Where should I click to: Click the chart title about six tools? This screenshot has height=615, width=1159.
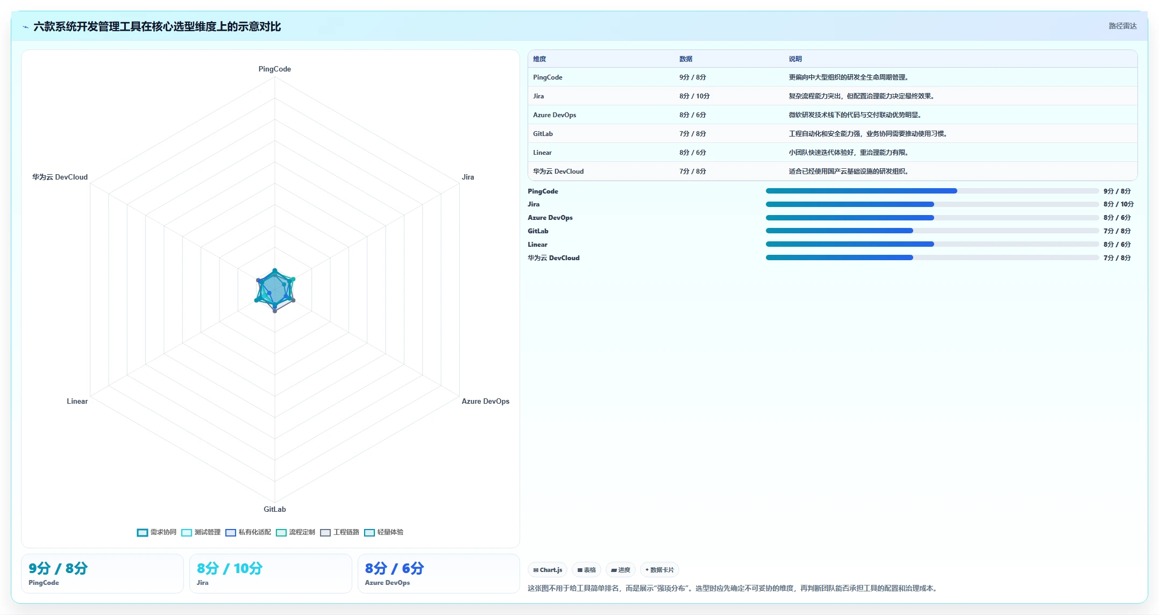coord(157,26)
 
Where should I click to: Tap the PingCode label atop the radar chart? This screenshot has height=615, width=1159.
coord(274,69)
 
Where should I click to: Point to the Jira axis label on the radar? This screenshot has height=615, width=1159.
coord(468,177)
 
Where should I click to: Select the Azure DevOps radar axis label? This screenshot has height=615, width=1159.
coord(485,401)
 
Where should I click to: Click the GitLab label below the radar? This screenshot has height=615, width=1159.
coord(274,509)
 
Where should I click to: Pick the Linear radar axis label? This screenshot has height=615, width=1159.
coord(77,401)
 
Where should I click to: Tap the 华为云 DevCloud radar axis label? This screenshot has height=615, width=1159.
coord(60,177)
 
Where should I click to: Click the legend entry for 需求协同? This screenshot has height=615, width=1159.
coord(157,532)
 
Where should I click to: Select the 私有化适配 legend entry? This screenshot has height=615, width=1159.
coord(248,532)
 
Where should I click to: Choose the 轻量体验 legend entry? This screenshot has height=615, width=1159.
coord(383,532)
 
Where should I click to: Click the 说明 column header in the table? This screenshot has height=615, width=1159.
coord(795,59)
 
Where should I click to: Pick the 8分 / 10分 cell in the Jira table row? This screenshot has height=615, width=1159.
coord(694,96)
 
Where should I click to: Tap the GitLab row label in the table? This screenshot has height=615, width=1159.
coord(543,134)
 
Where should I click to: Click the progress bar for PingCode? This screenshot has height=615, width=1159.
coord(932,191)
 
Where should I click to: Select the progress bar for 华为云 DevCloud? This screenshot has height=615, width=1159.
coord(932,258)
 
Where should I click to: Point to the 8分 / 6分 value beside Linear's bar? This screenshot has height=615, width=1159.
coord(1117,244)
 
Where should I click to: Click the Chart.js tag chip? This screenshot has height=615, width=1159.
coord(547,570)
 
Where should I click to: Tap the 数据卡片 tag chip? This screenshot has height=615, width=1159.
coord(659,570)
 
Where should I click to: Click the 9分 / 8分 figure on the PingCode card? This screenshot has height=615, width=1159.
coord(58,568)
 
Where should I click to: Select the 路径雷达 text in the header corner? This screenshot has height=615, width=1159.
coord(1122,26)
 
